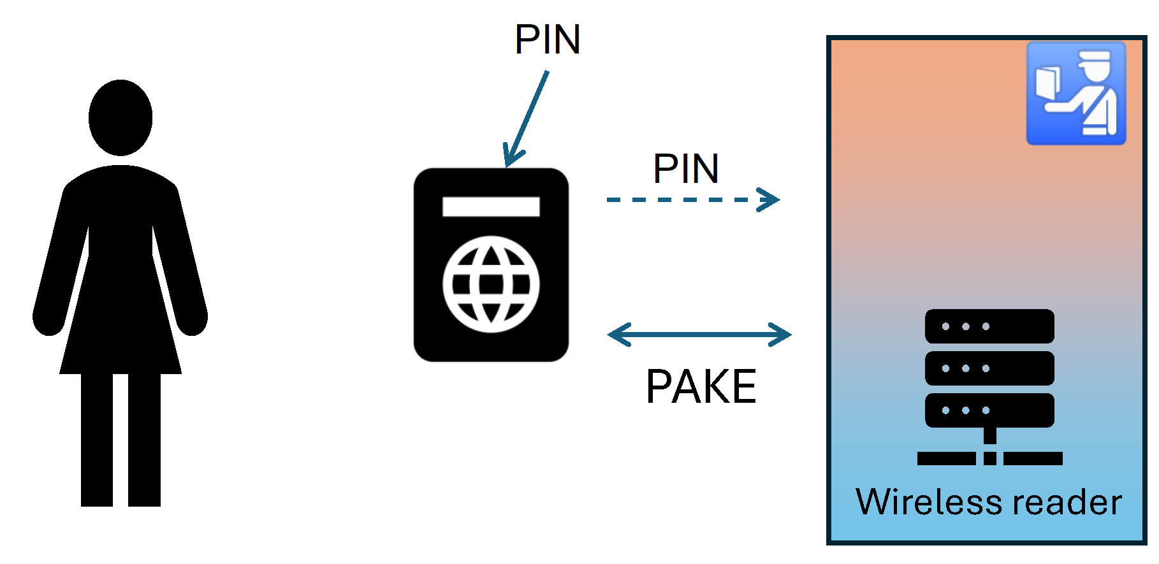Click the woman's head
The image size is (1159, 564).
pyautogui.click(x=120, y=117)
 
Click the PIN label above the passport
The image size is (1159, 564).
pyautogui.click(x=547, y=40)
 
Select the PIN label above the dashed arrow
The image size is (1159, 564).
pyautogui.click(x=686, y=169)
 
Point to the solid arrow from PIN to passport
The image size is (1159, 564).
pyautogui.click(x=527, y=118)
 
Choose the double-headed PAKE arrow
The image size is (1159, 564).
pyautogui.click(x=699, y=334)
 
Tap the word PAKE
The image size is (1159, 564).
pyautogui.click(x=701, y=386)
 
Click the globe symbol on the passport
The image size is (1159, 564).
pyautogui.click(x=491, y=284)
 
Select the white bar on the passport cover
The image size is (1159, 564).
pyautogui.click(x=491, y=206)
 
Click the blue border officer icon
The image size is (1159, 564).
pyautogui.click(x=1075, y=94)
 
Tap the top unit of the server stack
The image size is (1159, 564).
pyautogui.click(x=989, y=326)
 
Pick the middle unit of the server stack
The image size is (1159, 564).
pyautogui.click(x=989, y=368)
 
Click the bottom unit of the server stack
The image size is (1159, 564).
pyautogui.click(x=989, y=410)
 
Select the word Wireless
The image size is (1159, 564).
pyautogui.click(x=929, y=502)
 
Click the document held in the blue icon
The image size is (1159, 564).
pyautogui.click(x=1047, y=83)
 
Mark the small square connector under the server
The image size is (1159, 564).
pyautogui.click(x=989, y=458)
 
